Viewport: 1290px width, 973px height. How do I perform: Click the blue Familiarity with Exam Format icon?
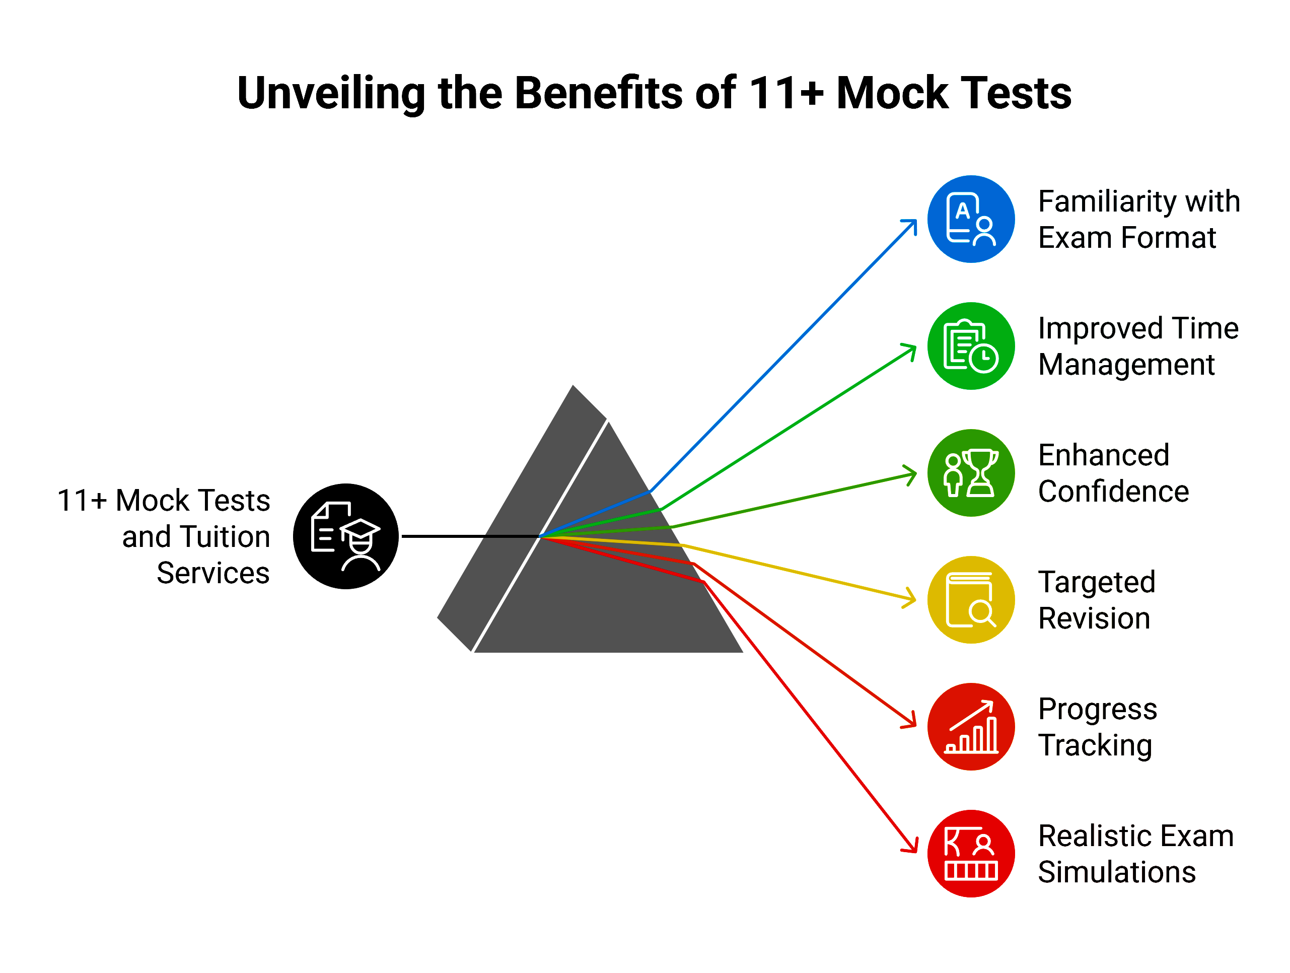pyautogui.click(x=971, y=220)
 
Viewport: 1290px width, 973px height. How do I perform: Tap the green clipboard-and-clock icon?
pyautogui.click(x=971, y=346)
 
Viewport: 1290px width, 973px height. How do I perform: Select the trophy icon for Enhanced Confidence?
pyautogui.click(x=971, y=473)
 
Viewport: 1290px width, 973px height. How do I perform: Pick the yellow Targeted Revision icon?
pyautogui.click(x=971, y=600)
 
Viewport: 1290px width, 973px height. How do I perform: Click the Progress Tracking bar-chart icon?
pyautogui.click(x=971, y=727)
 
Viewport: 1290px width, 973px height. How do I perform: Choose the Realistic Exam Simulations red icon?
pyautogui.click(x=971, y=854)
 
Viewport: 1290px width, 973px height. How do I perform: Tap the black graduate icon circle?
pyautogui.click(x=346, y=536)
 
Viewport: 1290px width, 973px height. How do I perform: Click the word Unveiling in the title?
pyautogui.click(x=331, y=93)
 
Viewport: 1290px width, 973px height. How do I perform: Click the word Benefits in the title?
pyautogui.click(x=598, y=93)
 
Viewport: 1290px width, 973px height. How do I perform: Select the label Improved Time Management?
pyautogui.click(x=1138, y=346)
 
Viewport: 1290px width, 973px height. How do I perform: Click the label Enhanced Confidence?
pyautogui.click(x=1113, y=473)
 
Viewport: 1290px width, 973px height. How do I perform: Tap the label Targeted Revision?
pyautogui.click(x=1096, y=600)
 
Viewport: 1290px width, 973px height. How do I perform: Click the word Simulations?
pyautogui.click(x=1117, y=872)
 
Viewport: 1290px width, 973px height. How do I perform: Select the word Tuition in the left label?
pyautogui.click(x=225, y=537)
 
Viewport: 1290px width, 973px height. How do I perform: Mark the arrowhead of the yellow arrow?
pyautogui.click(x=911, y=597)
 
